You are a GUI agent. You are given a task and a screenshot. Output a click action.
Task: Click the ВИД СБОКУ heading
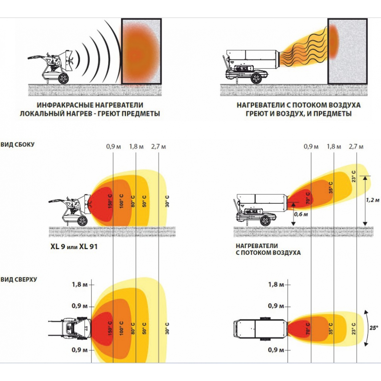click(x=18, y=145)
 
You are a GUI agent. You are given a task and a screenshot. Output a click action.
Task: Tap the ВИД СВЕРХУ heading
click(x=19, y=279)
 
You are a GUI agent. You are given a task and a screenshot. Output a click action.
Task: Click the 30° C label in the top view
click(x=167, y=328)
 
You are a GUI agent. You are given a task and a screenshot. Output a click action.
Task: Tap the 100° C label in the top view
click(x=121, y=328)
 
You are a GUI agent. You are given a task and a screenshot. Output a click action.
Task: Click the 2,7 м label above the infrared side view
click(x=158, y=147)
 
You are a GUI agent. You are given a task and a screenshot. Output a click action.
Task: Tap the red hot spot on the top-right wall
click(x=334, y=40)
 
